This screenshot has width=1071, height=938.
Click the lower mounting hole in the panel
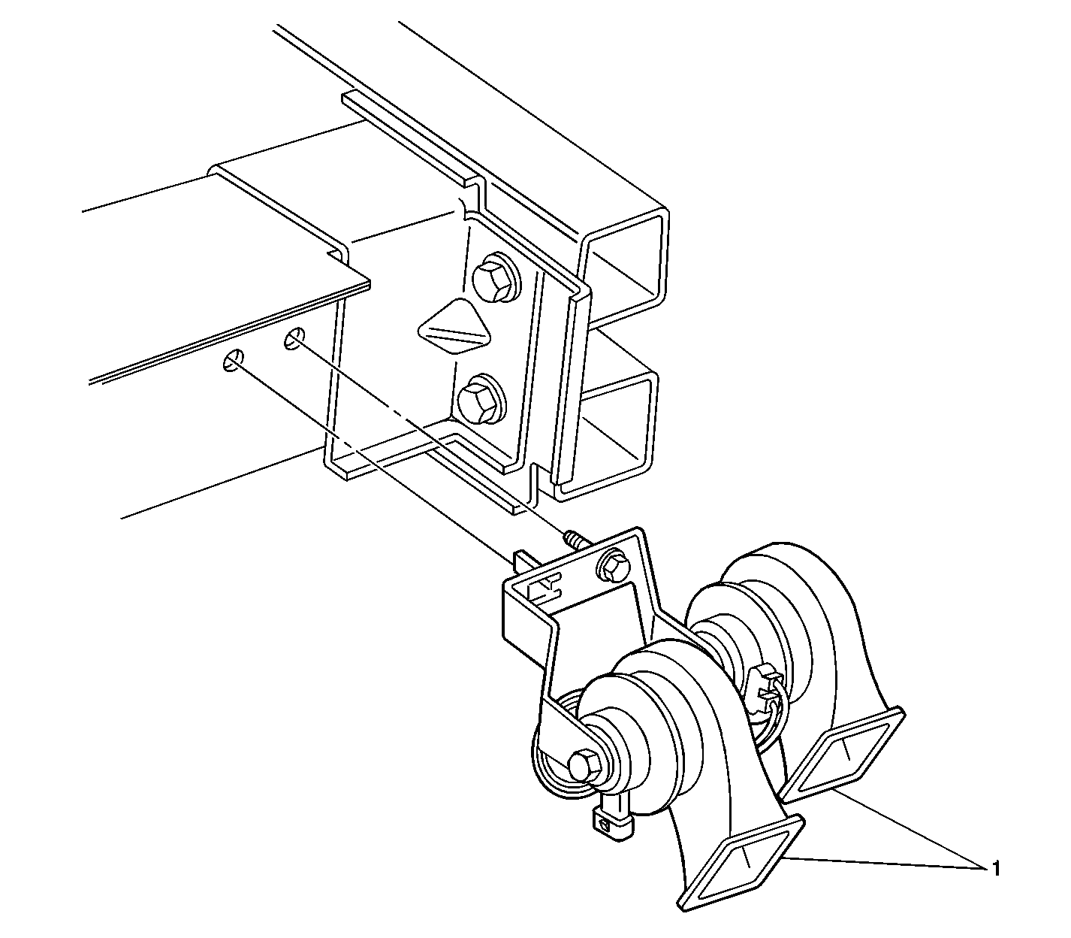234,361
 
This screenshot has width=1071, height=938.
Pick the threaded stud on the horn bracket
575,540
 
